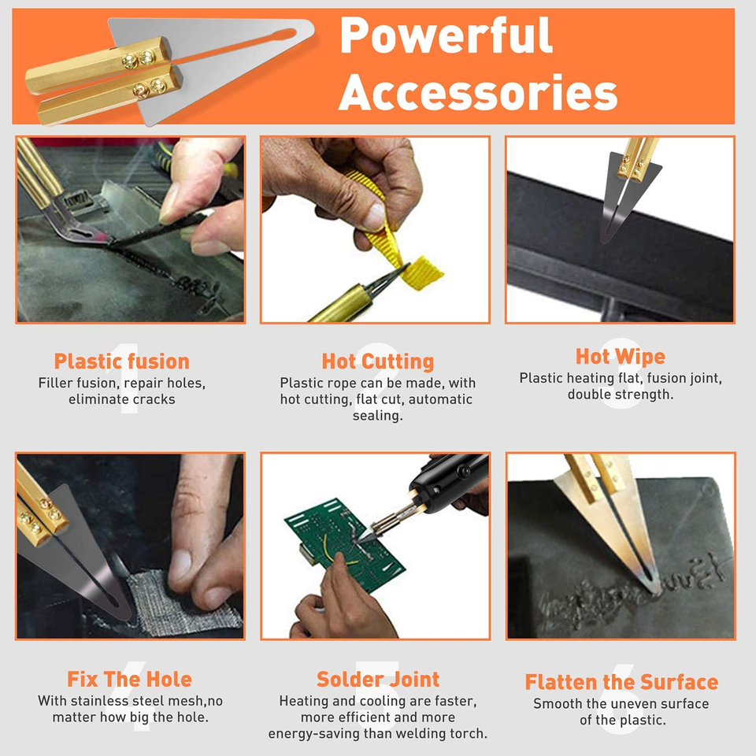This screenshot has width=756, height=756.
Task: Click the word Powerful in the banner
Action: click(x=446, y=36)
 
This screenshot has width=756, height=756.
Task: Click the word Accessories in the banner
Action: click(x=478, y=92)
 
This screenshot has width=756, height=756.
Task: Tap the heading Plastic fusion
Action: click(x=121, y=361)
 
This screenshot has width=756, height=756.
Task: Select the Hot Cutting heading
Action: click(x=377, y=361)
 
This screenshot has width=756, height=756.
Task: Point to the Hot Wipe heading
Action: click(x=621, y=357)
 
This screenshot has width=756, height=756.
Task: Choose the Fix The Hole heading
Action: click(x=129, y=679)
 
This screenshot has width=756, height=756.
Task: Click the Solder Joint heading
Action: click(x=378, y=679)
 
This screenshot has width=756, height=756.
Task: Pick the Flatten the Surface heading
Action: click(x=621, y=682)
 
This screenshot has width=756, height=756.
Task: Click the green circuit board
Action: click(x=345, y=545)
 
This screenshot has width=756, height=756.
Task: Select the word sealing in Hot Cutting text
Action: click(x=377, y=416)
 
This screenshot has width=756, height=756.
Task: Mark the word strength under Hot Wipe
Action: click(x=647, y=395)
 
